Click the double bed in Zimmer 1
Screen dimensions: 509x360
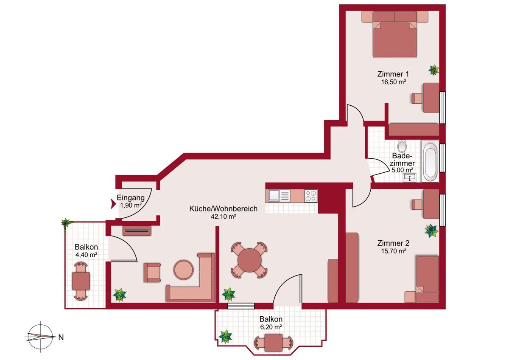pos(395,34)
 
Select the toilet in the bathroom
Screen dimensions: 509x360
pos(403,146)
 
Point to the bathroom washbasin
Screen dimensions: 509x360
pos(409,177)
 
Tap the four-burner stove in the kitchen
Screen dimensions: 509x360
pos(310,196)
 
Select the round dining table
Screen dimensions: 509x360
pos(249,260)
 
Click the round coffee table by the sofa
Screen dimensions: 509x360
pos(184,270)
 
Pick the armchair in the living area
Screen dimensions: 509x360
pos(152,273)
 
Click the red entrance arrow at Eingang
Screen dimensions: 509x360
pos(113,204)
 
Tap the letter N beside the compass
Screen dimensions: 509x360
pos(61,337)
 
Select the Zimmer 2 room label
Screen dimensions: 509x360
pos(393,243)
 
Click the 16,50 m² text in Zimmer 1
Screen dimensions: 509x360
pos(394,82)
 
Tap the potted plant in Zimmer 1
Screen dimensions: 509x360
pos(433,70)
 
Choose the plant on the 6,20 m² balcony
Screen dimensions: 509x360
pos(225,337)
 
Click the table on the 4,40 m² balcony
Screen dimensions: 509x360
pos(81,281)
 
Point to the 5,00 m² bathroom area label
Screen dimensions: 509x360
pos(403,170)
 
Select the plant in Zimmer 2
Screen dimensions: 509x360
pos(432,231)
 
